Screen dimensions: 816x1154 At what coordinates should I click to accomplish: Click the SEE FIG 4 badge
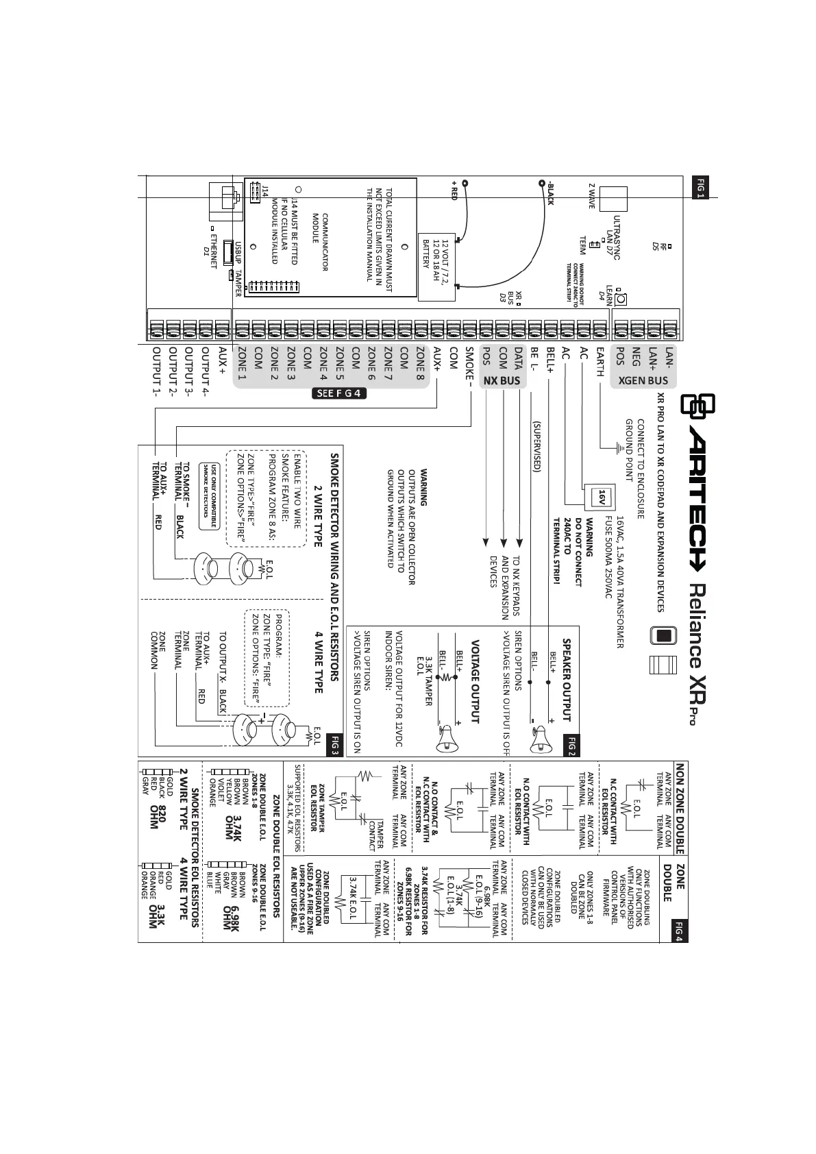click(x=339, y=393)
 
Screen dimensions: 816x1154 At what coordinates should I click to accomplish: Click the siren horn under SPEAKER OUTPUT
click(x=541, y=735)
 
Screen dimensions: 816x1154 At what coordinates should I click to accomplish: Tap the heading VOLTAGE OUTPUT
click(x=474, y=681)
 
